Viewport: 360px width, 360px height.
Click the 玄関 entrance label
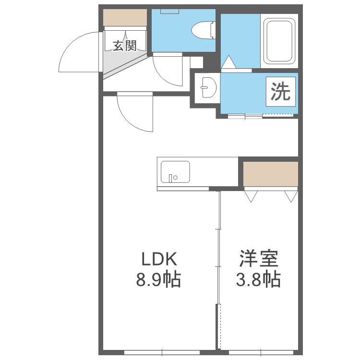coord(125,46)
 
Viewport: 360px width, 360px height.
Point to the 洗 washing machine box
coord(281,91)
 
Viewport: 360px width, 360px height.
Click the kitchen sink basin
coord(175,172)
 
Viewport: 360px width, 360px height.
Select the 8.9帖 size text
coord(159,279)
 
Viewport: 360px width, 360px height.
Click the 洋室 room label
coord(259,260)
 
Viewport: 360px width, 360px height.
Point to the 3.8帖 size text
coord(259,279)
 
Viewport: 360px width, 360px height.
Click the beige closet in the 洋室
coord(270,173)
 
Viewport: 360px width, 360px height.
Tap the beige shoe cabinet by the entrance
coord(125,18)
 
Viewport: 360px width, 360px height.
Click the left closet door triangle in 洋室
coord(251,195)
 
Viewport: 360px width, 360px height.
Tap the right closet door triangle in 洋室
coord(291,195)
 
